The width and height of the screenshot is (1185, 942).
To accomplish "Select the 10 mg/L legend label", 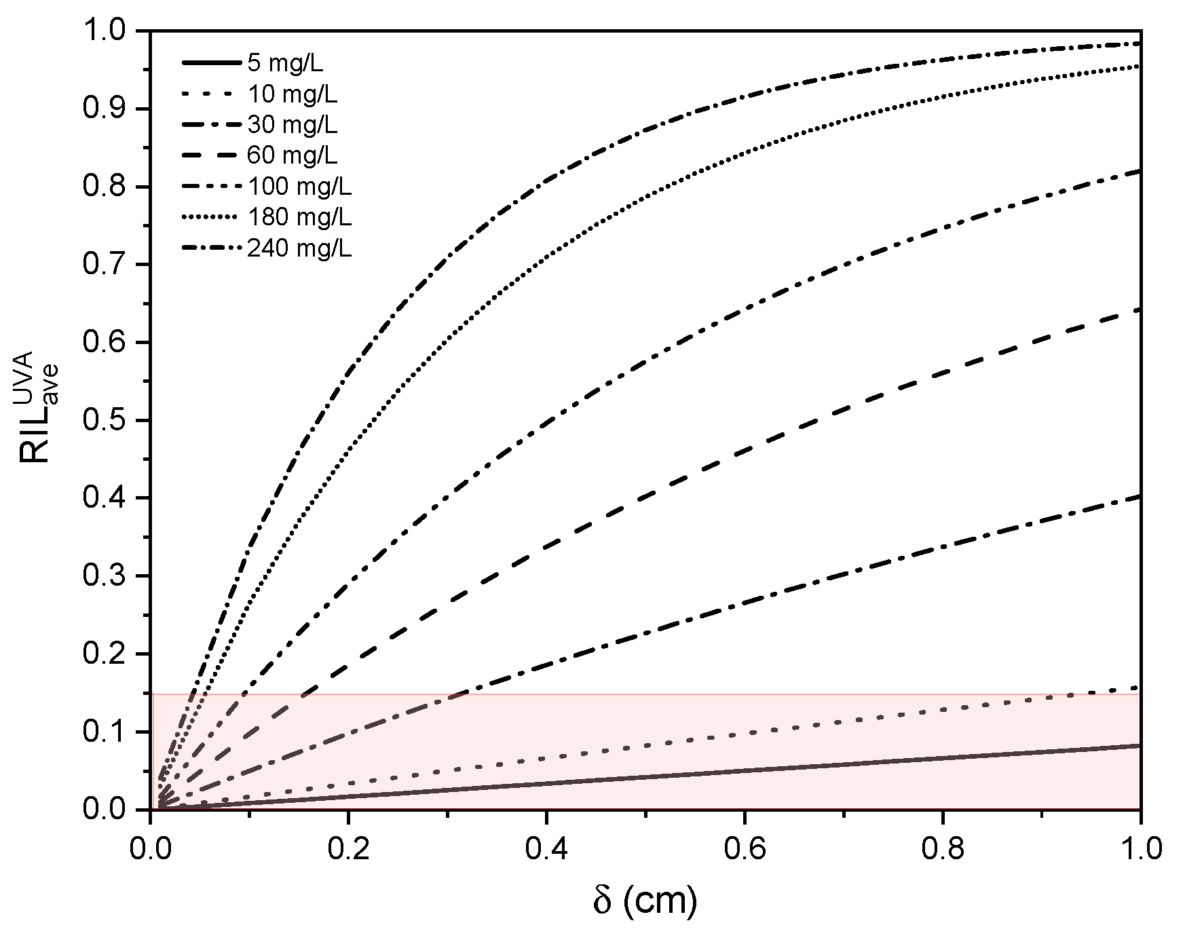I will pyautogui.click(x=292, y=94).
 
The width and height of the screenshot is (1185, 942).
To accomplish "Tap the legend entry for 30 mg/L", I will pyautogui.click(x=292, y=125).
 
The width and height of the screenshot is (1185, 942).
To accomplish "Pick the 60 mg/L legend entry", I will pyautogui.click(x=292, y=156).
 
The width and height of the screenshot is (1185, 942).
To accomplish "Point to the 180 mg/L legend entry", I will pyautogui.click(x=299, y=218).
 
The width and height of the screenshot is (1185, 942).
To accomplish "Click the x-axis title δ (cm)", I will pyautogui.click(x=645, y=901).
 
